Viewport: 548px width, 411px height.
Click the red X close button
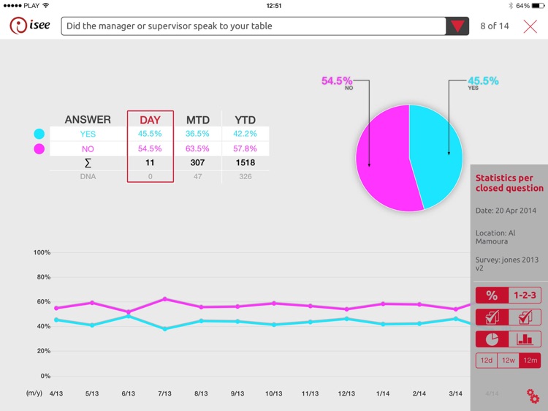point(530,26)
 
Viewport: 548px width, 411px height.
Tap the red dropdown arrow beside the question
point(457,26)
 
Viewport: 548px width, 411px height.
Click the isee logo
point(30,26)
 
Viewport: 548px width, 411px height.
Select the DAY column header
point(151,120)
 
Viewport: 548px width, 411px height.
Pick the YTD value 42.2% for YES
point(245,134)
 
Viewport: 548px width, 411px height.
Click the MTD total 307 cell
point(197,162)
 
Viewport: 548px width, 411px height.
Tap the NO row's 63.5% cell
point(197,148)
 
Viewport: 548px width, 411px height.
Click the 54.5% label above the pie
point(337,81)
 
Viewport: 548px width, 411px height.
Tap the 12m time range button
point(530,360)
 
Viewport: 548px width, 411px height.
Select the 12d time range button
point(486,360)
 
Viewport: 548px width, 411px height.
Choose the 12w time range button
point(509,360)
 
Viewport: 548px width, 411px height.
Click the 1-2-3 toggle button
point(525,295)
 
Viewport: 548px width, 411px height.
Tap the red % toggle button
point(492,295)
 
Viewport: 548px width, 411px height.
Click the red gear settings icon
point(533,396)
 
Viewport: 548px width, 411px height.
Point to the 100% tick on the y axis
point(42,252)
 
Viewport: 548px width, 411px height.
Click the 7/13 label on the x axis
point(164,393)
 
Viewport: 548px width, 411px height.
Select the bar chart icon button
point(525,339)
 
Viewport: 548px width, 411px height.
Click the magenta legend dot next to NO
point(39,148)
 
